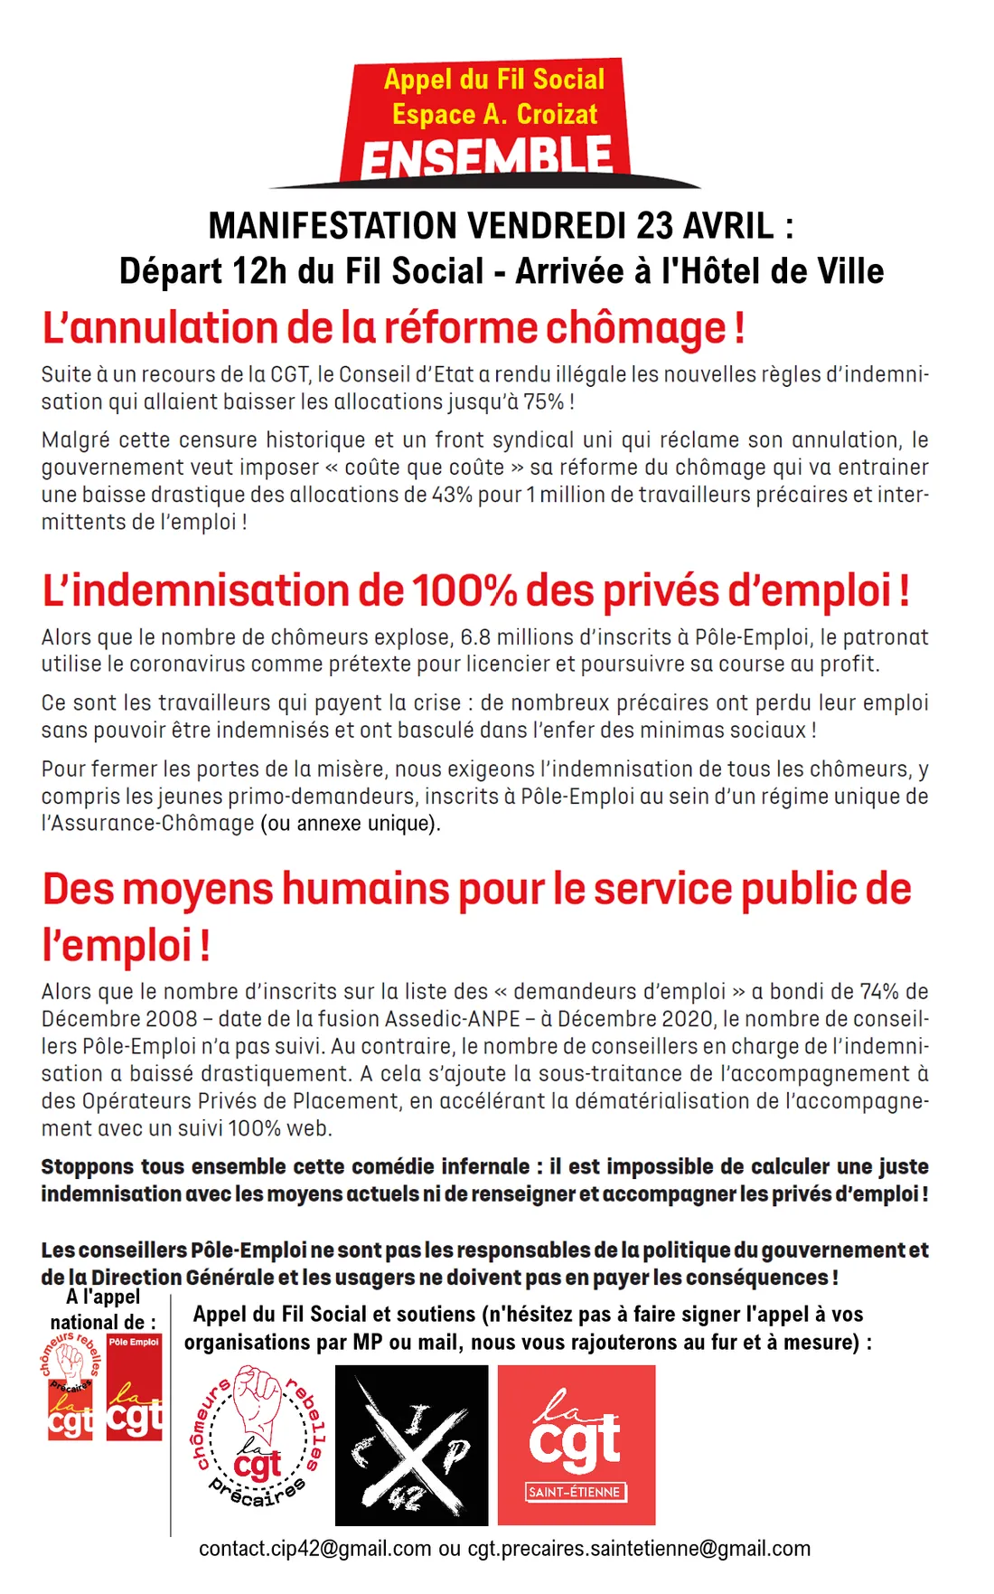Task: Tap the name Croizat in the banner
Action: point(557,115)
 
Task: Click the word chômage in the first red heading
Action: point(636,328)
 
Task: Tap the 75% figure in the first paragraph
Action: point(543,402)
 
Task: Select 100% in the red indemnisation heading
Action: point(464,591)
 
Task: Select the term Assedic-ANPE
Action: point(453,1019)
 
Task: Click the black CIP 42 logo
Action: point(411,1445)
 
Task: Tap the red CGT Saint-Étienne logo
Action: point(577,1445)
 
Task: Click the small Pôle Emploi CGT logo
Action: point(134,1387)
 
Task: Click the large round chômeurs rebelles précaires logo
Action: point(258,1438)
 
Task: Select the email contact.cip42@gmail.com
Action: point(314,1549)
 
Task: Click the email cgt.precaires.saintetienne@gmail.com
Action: point(639,1549)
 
